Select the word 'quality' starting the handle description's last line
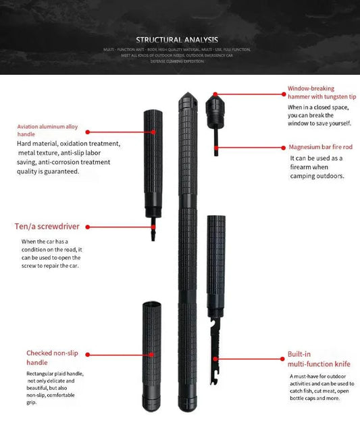(29, 171)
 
